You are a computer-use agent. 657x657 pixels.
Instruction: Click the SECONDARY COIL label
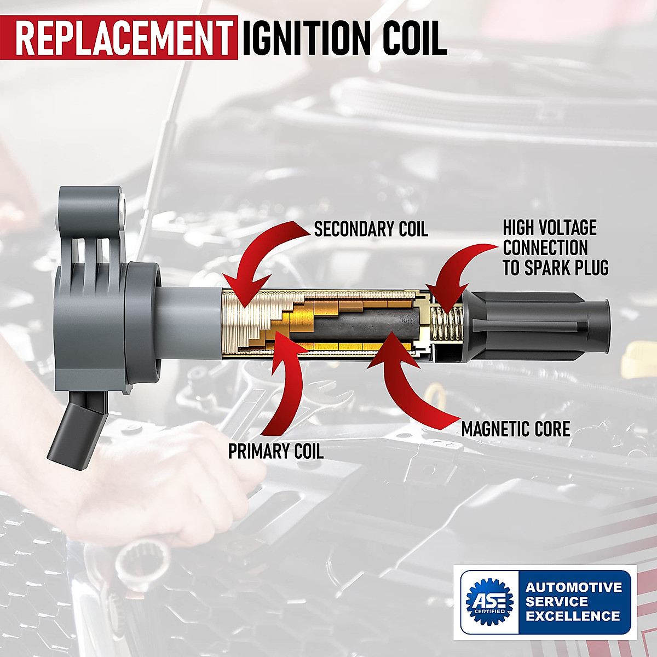click(371, 229)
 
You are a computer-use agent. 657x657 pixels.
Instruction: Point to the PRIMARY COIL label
click(275, 451)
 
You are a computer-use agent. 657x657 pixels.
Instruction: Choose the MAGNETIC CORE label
click(516, 429)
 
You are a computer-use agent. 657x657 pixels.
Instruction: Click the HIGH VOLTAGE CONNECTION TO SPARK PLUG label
click(555, 247)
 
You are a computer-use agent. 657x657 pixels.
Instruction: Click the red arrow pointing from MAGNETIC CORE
click(405, 383)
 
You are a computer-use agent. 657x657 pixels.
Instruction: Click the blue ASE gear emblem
click(489, 601)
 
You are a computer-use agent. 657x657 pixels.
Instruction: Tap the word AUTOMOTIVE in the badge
click(574, 587)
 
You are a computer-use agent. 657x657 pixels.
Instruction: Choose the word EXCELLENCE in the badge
click(573, 616)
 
